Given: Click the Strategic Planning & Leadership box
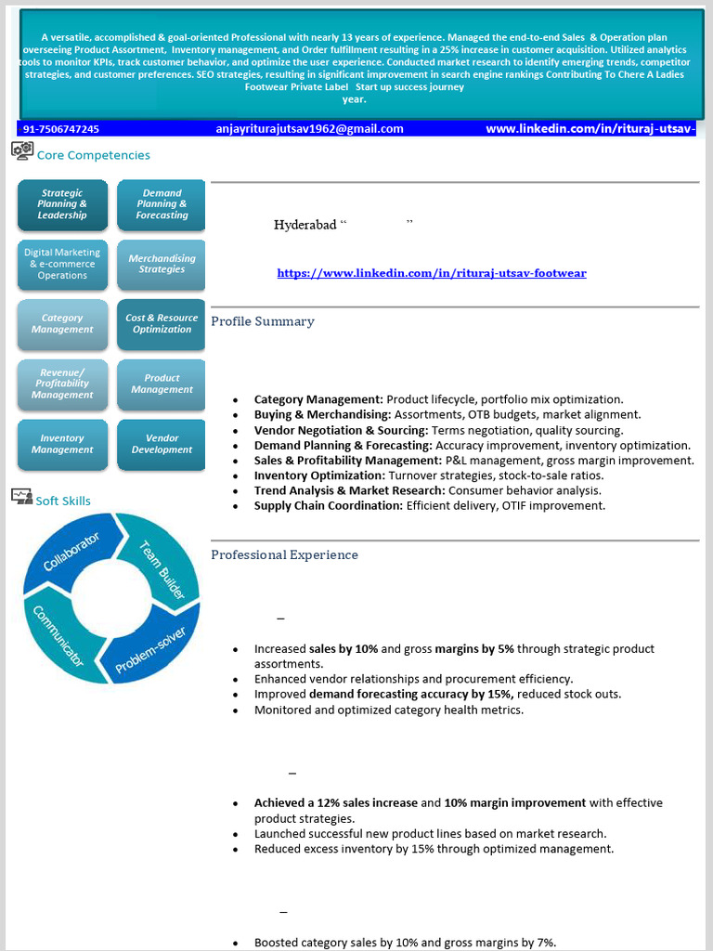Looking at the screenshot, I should coord(62,204).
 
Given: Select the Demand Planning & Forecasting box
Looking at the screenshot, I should coord(162,204).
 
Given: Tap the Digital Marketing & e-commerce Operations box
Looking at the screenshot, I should coord(62,264).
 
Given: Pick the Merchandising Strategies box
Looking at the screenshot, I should coord(162,264).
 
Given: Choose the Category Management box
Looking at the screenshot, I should coord(62,324).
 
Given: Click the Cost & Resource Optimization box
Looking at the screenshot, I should coord(162,324).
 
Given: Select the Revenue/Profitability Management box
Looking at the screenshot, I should coord(62,384).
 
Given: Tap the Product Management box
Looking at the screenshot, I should coord(162,384).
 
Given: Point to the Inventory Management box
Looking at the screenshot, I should coord(62,444).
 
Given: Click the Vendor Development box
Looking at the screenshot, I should coord(162,444).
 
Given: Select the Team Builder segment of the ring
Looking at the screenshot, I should coord(162,564).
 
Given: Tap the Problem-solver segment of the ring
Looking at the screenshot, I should coord(151,647).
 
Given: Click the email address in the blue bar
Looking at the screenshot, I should coord(309,129).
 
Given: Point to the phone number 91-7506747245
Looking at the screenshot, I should coord(61,129).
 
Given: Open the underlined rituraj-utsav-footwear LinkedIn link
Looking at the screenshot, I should coord(432,273).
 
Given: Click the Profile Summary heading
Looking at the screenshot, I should coord(263,321).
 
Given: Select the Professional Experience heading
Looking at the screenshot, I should coord(284,554).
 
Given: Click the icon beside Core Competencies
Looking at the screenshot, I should coord(22,150).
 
